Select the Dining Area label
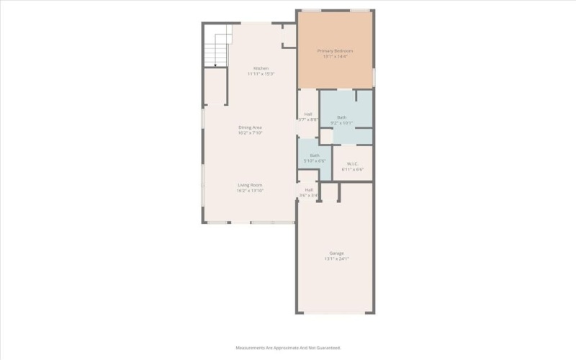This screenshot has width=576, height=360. point(251,127)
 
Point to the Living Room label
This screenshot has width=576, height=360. point(251,185)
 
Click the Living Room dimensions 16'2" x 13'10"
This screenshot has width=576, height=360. point(251,191)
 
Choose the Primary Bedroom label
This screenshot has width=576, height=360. point(336,51)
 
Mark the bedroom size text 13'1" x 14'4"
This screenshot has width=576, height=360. point(336,56)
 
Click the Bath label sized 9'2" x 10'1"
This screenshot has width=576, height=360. point(341,117)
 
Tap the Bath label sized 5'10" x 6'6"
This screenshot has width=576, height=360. point(315,156)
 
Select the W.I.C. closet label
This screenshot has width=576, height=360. point(353,163)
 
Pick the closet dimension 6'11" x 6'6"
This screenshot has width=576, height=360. point(353,169)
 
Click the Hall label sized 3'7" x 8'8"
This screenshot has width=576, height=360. point(308,114)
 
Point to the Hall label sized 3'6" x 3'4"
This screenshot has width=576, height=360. point(308,189)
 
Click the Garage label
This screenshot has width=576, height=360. point(336,253)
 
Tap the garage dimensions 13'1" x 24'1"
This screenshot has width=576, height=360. point(336,258)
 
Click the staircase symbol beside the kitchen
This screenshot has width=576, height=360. point(215,50)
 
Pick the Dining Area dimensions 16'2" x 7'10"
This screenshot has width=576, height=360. point(251,133)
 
